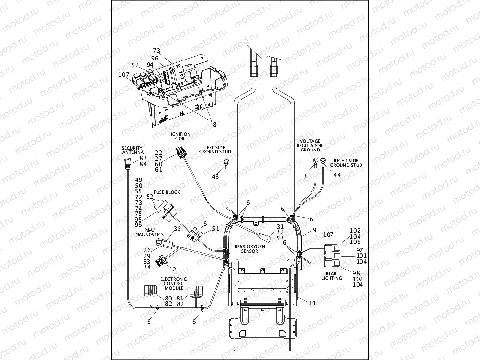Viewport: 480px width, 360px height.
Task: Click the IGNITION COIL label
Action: pyautogui.click(x=178, y=136)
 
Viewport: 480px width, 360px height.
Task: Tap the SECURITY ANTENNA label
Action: pyautogui.click(x=132, y=150)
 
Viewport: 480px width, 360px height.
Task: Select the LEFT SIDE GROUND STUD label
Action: pyautogui.click(x=215, y=150)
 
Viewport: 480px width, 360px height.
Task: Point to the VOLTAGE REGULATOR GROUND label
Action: pyautogui.click(x=310, y=145)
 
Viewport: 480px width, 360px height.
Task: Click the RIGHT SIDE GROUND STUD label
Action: pyautogui.click(x=348, y=162)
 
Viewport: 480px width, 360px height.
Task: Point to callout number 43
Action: pyautogui.click(x=215, y=176)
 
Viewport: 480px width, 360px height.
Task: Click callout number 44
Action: pyautogui.click(x=337, y=175)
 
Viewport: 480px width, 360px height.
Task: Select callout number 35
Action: pyautogui.click(x=178, y=229)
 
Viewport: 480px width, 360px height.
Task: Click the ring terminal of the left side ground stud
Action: pyautogui.click(x=227, y=162)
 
